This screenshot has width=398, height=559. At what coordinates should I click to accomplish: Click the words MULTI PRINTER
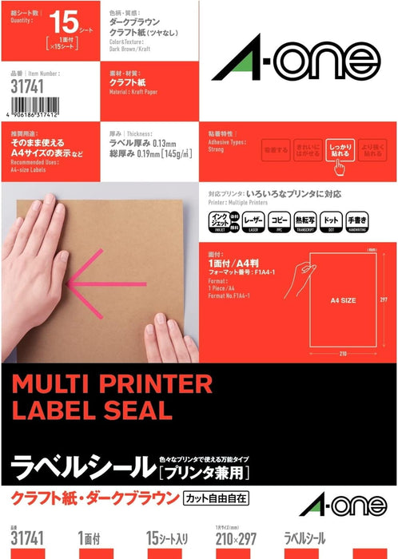coord(111,385)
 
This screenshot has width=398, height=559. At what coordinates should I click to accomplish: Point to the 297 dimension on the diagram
coord(384,300)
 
